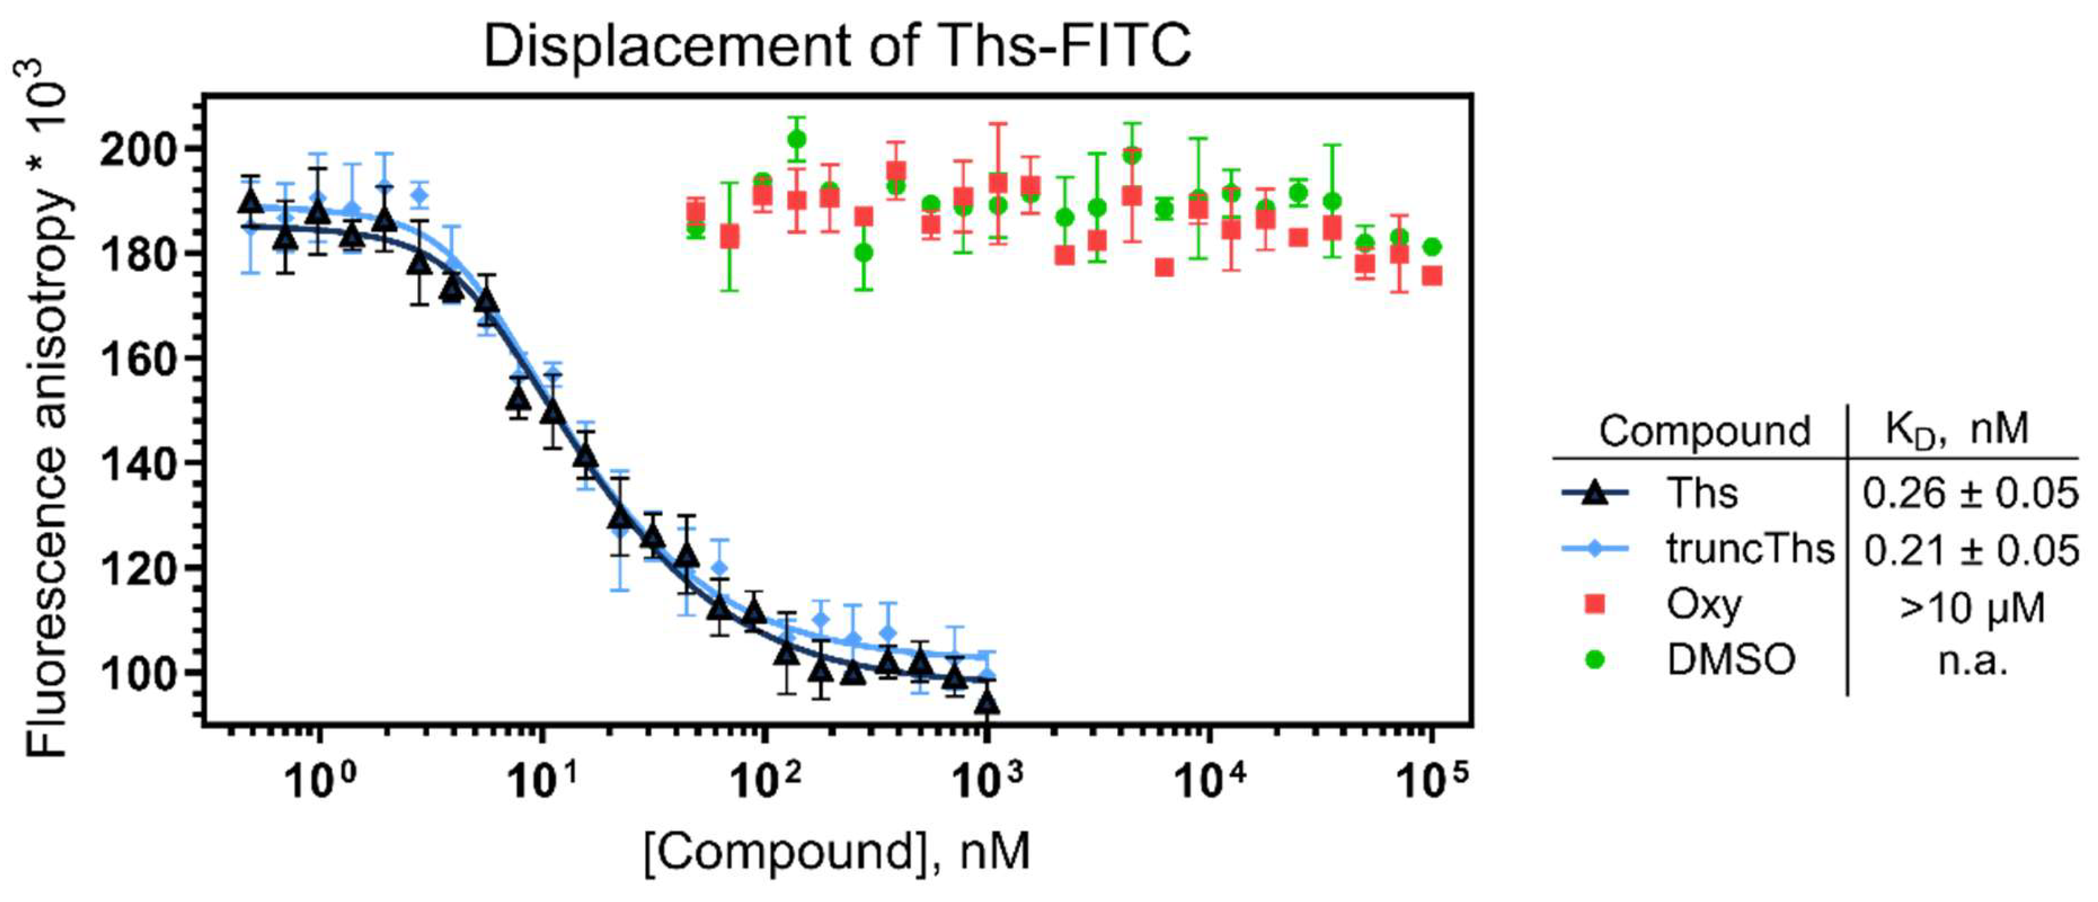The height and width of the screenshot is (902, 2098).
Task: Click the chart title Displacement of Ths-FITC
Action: [837, 46]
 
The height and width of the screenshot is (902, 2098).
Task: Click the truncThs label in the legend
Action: [1749, 549]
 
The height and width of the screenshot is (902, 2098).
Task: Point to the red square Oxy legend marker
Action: [1594, 604]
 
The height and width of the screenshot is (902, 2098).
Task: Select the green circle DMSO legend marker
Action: [1594, 659]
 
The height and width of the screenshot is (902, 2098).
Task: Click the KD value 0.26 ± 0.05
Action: [1969, 494]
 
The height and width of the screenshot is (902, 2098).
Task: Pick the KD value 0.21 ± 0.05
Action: [1969, 550]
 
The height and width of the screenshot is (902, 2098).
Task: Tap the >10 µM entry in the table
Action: [1971, 607]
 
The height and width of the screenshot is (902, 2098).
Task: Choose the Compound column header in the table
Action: [1704, 431]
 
